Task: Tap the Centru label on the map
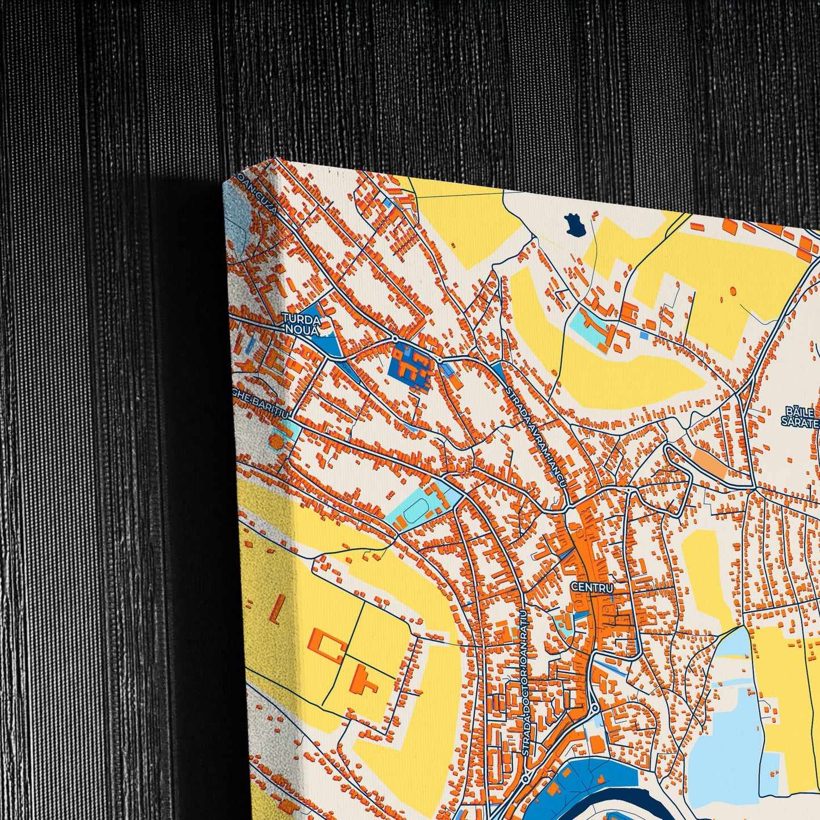pos(592,587)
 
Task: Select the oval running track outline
pos(413,510)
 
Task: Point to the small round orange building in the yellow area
pos(732,291)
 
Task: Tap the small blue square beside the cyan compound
pos(644,335)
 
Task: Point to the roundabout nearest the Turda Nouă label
pos(394,338)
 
